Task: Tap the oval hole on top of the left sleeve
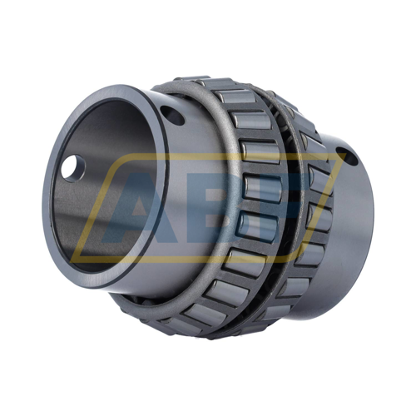tap(173, 114)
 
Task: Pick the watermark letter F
tap(279, 208)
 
